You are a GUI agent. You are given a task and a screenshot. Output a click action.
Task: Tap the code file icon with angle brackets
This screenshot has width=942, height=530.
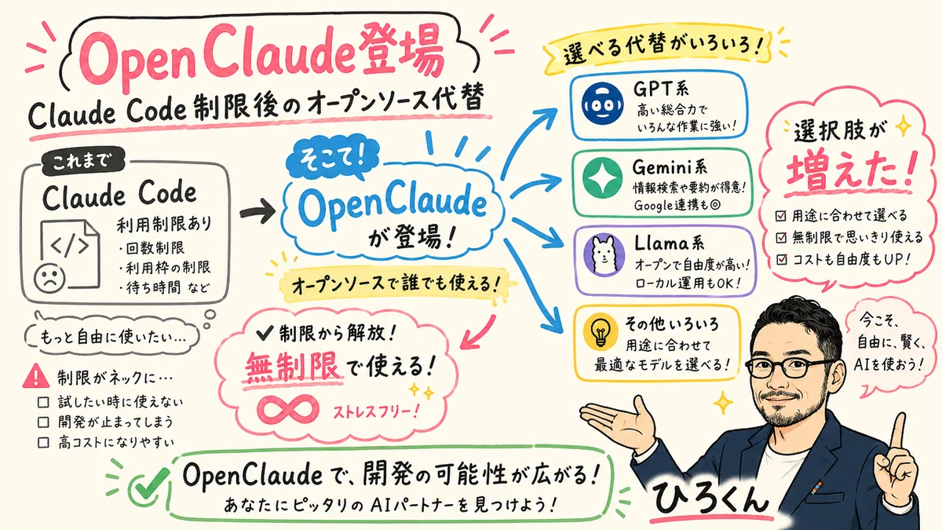70,244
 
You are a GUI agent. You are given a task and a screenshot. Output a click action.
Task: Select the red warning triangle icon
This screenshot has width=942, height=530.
35,377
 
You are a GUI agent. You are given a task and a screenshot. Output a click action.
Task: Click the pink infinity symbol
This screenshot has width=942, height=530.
290,409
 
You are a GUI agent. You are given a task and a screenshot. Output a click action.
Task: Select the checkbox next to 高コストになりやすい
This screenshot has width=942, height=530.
44,443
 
